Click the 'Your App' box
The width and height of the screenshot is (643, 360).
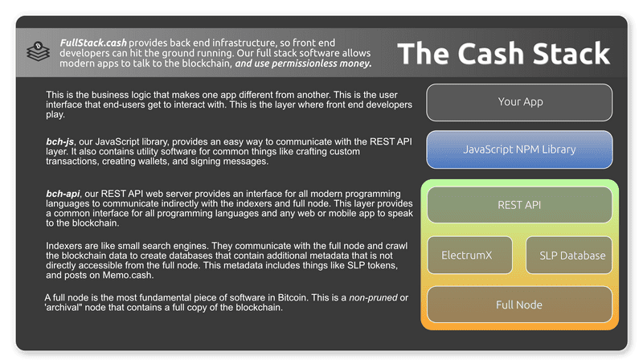pyautogui.click(x=520, y=102)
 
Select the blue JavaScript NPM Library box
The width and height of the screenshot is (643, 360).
pyautogui.click(x=520, y=149)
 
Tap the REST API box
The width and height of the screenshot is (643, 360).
pyautogui.click(x=520, y=205)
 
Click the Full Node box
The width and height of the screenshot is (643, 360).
pyautogui.click(x=520, y=305)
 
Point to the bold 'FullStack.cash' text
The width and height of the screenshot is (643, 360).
pyautogui.click(x=93, y=42)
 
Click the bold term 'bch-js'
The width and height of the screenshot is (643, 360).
pyautogui.click(x=60, y=141)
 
